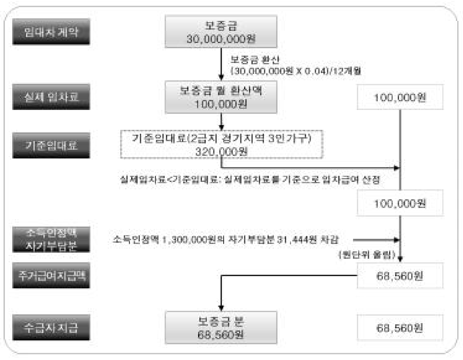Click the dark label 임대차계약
(x=51, y=32)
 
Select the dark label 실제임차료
(x=51, y=97)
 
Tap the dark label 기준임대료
(x=51, y=146)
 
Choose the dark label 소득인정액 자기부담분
(x=51, y=239)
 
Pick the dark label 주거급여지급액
(x=51, y=275)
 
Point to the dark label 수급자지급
(x=51, y=328)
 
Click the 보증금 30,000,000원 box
(x=221, y=32)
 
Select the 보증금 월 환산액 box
(x=221, y=97)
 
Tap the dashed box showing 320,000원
(x=222, y=144)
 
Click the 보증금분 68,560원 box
(x=221, y=328)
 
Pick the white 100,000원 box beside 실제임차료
(x=400, y=97)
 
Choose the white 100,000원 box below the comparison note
(x=400, y=203)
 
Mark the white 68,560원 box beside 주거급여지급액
(x=400, y=276)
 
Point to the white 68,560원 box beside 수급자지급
(x=400, y=328)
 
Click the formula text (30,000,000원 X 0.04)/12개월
(x=296, y=71)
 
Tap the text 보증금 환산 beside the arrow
(x=255, y=60)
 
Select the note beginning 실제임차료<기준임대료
(x=250, y=179)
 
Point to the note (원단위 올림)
(x=367, y=255)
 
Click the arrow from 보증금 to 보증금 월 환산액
(x=221, y=64)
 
